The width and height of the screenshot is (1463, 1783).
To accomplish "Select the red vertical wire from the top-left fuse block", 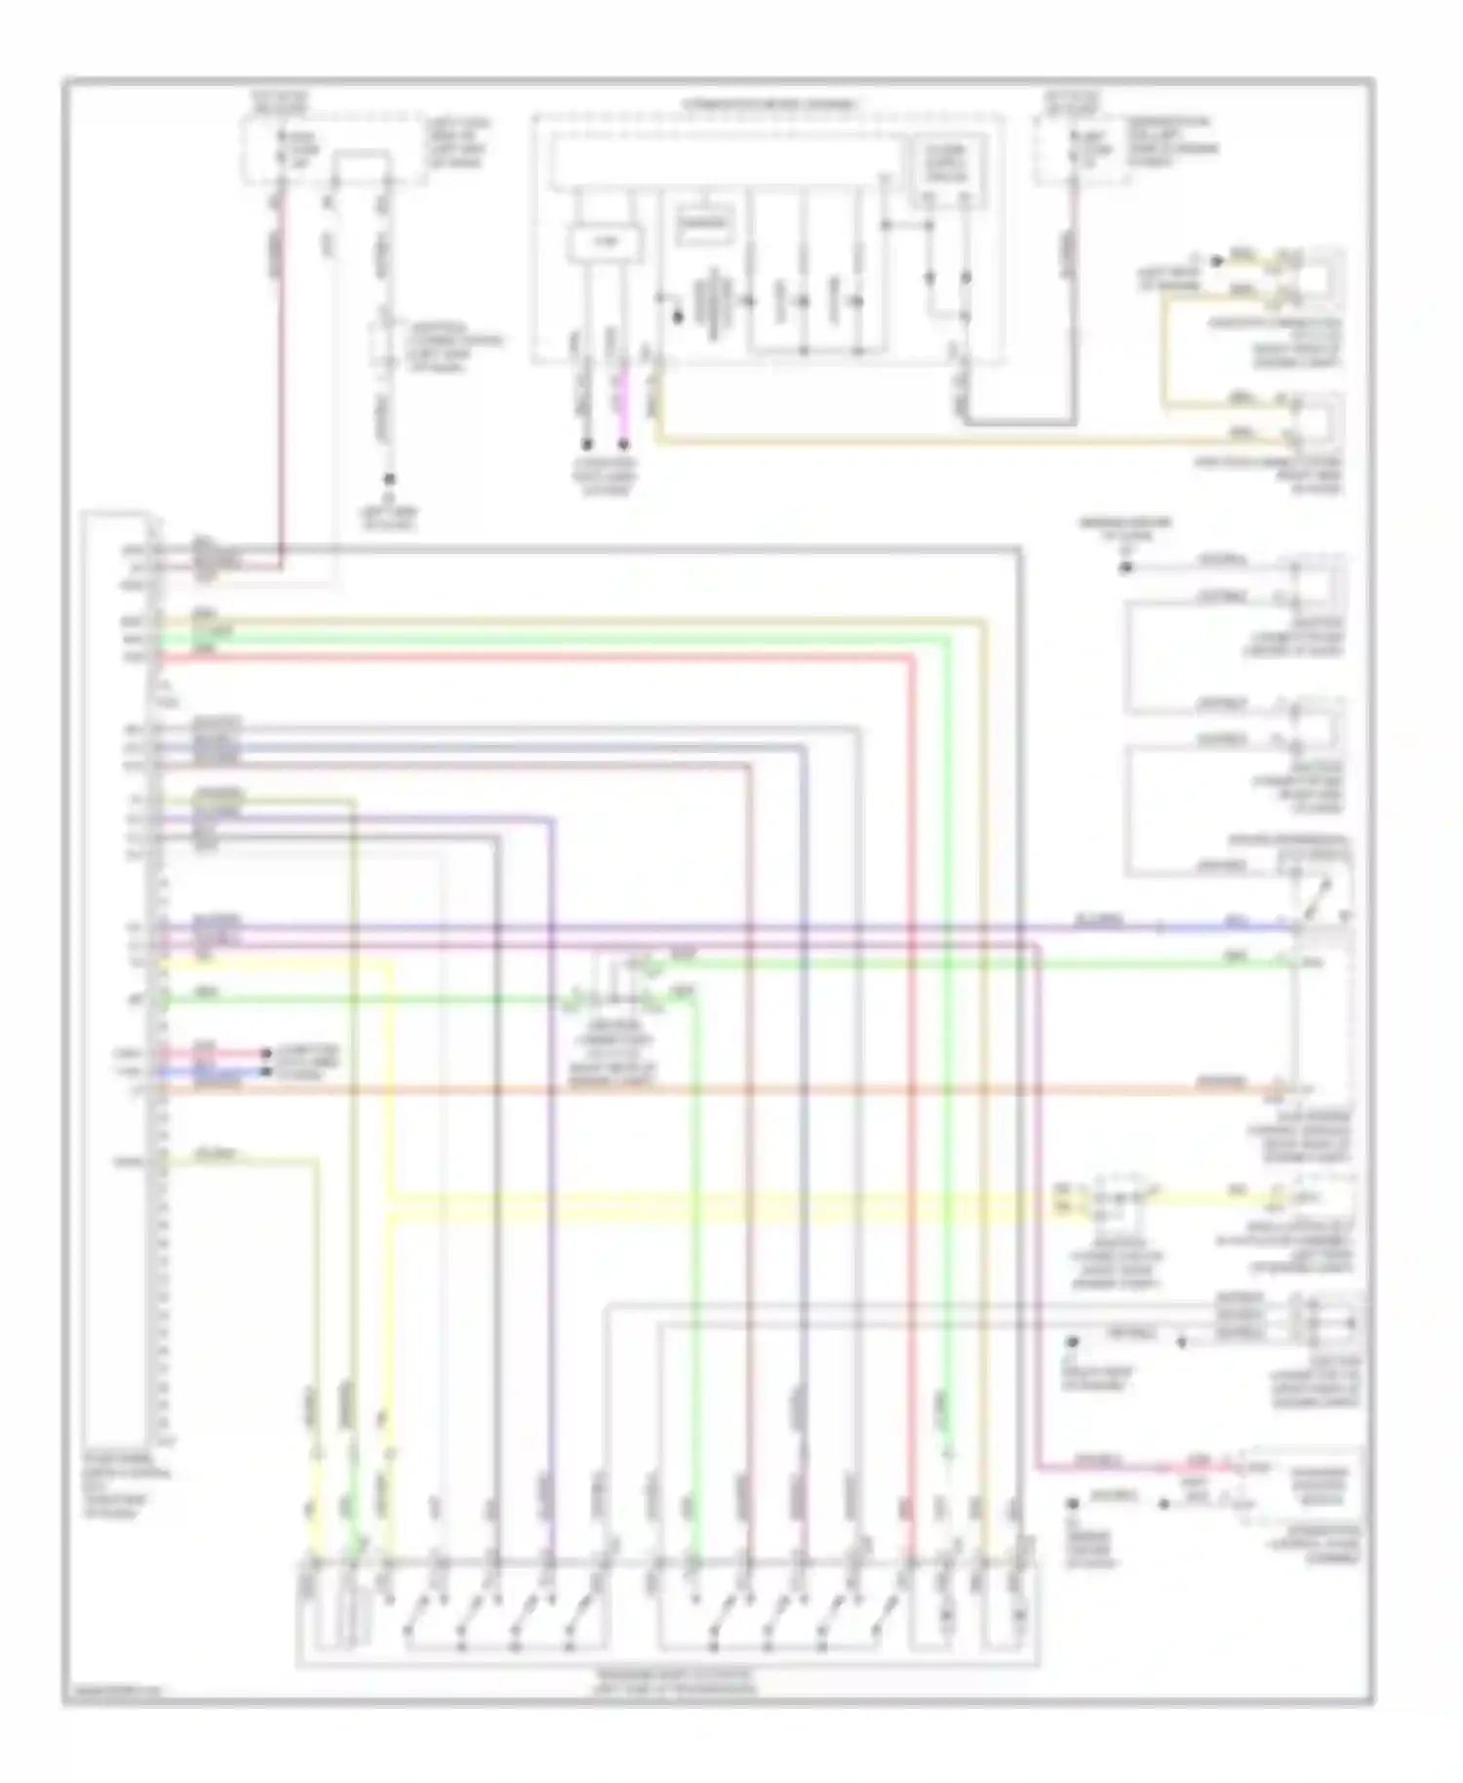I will click(x=283, y=390).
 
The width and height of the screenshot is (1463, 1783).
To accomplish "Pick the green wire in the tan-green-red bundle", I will click(x=585, y=638).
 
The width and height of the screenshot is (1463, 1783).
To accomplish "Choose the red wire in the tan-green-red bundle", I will click(x=585, y=658).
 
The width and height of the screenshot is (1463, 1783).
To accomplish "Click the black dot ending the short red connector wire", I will click(x=265, y=1053).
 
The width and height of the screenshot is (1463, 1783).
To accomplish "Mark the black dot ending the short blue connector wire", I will click(x=265, y=1071).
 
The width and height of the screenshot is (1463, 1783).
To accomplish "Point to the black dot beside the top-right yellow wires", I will click(x=1216, y=260).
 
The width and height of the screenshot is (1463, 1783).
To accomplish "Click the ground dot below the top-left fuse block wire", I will click(x=388, y=479).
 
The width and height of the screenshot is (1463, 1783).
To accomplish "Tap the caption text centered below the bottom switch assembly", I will click(x=674, y=1681).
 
